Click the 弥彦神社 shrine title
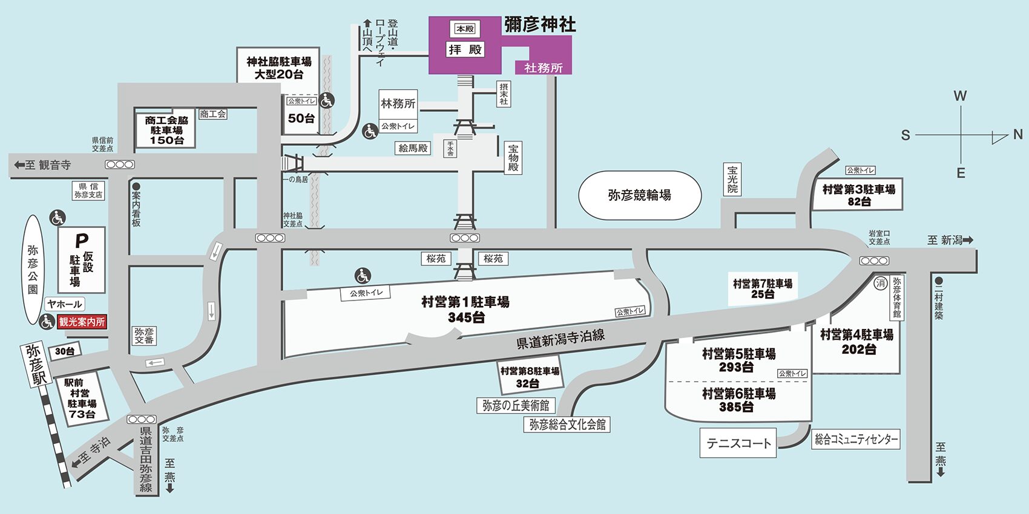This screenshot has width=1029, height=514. coord(540,25)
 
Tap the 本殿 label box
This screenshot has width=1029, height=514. coord(465,29)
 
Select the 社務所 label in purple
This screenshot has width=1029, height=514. coord(543,68)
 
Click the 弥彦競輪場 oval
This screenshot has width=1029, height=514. coord(640,195)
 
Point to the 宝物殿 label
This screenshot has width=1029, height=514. coord(513,157)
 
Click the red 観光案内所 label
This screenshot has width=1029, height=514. coord(82,322)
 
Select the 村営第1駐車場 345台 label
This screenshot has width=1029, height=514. coord(465,309)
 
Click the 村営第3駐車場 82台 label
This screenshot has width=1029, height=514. coord(858,195)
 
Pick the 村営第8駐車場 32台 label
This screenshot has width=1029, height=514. coord(530,377)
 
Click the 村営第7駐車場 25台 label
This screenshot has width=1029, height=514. coord(763,288)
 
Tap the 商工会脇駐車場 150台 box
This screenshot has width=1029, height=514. coord(166,130)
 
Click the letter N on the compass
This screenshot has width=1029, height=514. coord(1018,134)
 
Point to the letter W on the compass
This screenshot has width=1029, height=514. coord(960,96)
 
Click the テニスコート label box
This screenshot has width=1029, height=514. coord(738,443)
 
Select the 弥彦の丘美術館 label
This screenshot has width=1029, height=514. coord(516,405)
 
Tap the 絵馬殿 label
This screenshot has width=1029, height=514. coord(413,148)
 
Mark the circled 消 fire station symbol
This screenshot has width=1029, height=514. coord(881,282)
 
